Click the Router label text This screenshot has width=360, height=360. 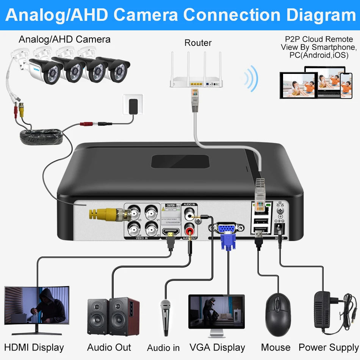198,43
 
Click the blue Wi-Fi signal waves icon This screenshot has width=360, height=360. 251,78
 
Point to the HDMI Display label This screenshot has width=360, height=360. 34,347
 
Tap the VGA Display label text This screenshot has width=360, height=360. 218,347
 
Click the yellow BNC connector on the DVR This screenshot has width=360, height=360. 102,214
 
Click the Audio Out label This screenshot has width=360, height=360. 109,347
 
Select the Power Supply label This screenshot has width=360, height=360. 328,347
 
